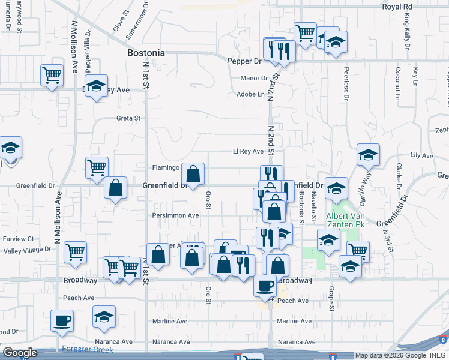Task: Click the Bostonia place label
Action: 146,53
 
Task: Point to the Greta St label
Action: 128,118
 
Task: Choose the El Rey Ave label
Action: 249,152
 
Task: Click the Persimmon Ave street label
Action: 176,215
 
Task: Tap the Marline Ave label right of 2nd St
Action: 294,321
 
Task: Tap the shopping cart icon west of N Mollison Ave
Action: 52,76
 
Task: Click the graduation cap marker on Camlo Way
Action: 368,155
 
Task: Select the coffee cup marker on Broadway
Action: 265,285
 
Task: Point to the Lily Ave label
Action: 421,155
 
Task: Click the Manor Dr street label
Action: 253,78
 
